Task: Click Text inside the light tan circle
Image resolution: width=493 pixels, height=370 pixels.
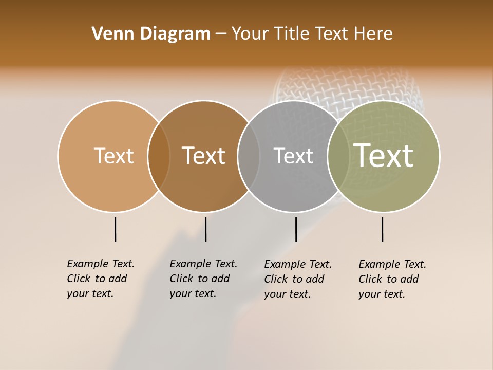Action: [x=113, y=156]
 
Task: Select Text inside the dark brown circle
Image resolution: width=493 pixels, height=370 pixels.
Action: [x=203, y=156]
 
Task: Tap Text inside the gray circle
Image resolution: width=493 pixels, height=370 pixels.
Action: [x=293, y=156]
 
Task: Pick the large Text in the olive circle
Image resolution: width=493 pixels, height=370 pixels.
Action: [x=384, y=155]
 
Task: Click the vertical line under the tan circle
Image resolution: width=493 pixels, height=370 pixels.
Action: [x=115, y=229]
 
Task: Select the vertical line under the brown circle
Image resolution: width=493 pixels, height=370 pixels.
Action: [x=205, y=229]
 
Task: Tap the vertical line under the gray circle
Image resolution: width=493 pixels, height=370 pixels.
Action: [x=296, y=229]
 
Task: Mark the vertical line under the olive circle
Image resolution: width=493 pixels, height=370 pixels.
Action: [x=382, y=229]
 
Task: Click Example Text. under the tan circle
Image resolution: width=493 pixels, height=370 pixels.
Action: [x=101, y=264]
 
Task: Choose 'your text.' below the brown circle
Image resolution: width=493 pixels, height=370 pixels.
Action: [x=193, y=293]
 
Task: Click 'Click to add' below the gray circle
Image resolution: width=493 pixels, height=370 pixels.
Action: [x=294, y=279]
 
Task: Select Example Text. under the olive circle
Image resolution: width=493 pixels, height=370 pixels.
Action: [x=392, y=264]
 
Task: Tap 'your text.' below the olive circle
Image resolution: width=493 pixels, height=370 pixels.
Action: [x=382, y=294]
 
